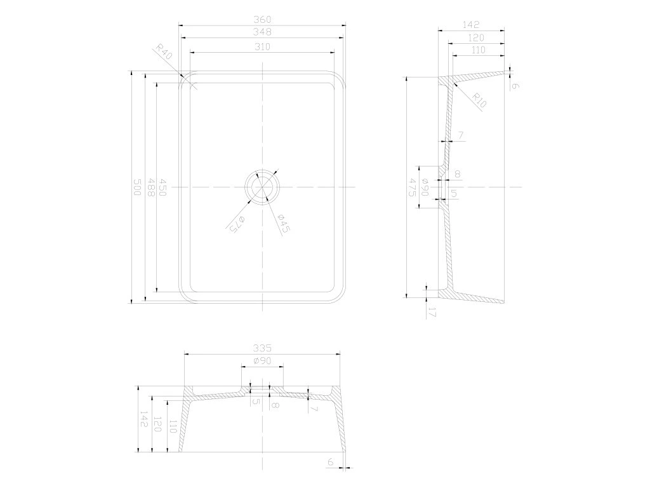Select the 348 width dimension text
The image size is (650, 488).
[262, 32]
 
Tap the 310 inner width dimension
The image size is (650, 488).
[263, 47]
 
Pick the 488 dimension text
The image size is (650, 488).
[150, 187]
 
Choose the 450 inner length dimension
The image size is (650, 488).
[163, 187]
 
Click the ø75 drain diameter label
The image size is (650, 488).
[237, 222]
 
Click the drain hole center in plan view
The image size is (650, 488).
[263, 187]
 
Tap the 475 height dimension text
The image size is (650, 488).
[413, 187]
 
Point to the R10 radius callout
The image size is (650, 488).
[479, 100]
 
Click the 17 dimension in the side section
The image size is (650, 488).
[432, 312]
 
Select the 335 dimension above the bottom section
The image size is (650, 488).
[262, 348]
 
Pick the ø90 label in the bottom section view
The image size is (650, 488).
[262, 361]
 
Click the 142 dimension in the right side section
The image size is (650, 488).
[470, 25]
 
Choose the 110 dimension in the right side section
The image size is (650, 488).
[478, 50]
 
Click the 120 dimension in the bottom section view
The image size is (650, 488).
[158, 425]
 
